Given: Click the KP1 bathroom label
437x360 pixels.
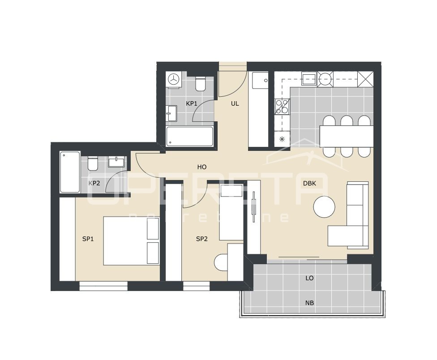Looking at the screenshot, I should pos(192,103).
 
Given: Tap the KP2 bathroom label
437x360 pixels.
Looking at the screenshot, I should pos(94,183).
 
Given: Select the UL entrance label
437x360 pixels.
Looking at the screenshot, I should pos(235,103).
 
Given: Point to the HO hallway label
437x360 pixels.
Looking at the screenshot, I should pos(202,167).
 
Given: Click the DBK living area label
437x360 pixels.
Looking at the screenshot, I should pos(310,183).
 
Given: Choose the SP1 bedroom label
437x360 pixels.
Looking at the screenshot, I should pos(88,239).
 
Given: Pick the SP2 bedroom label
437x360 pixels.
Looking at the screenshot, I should pos(202,239).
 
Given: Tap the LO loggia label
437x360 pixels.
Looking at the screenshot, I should pos(309,278).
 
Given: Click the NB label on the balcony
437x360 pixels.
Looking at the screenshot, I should pos(309,303).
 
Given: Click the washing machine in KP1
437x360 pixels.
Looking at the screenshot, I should pos(174,79).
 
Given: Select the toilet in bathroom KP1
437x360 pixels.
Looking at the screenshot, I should pos(200,83).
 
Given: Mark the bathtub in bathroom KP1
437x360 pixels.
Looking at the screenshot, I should pos(189,136).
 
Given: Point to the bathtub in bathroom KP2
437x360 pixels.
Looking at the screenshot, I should pos(70,172).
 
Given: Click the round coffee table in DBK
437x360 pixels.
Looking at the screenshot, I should pos(324,207).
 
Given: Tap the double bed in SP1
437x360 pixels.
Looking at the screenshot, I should pos(131,241).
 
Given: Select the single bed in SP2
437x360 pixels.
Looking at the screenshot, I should pos(231,213).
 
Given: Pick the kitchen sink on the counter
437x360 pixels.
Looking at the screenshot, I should pos(309,79).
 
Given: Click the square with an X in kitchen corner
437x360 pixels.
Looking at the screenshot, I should pos(366,79).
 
